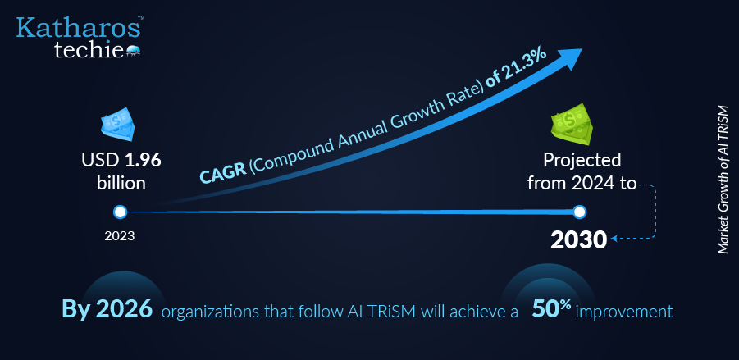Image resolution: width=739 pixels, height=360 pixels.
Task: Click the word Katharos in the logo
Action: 78,28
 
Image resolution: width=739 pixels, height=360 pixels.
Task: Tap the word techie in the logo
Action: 89,49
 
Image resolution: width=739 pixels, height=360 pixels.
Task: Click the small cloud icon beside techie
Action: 133,52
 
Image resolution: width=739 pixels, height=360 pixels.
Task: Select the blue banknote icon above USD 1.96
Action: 118,125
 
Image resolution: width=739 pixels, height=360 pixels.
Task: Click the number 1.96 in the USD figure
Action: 143,161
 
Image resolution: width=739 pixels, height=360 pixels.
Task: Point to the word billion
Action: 121,184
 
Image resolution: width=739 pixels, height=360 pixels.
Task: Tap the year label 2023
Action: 120,235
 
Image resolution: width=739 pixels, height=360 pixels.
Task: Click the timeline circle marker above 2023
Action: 121,212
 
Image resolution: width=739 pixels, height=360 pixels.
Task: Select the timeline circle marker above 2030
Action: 579,212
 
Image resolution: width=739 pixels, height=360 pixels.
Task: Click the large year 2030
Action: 579,240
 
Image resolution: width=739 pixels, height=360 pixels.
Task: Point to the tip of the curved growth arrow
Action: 582,48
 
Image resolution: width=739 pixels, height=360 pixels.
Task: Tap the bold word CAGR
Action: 222,173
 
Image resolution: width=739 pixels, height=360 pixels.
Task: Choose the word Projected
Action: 582,162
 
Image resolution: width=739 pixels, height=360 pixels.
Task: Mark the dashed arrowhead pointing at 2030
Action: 614,239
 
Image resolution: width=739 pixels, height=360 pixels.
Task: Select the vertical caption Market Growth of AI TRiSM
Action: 723,180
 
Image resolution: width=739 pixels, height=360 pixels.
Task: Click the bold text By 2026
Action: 107,310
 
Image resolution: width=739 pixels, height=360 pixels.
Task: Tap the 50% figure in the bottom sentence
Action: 551,309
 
